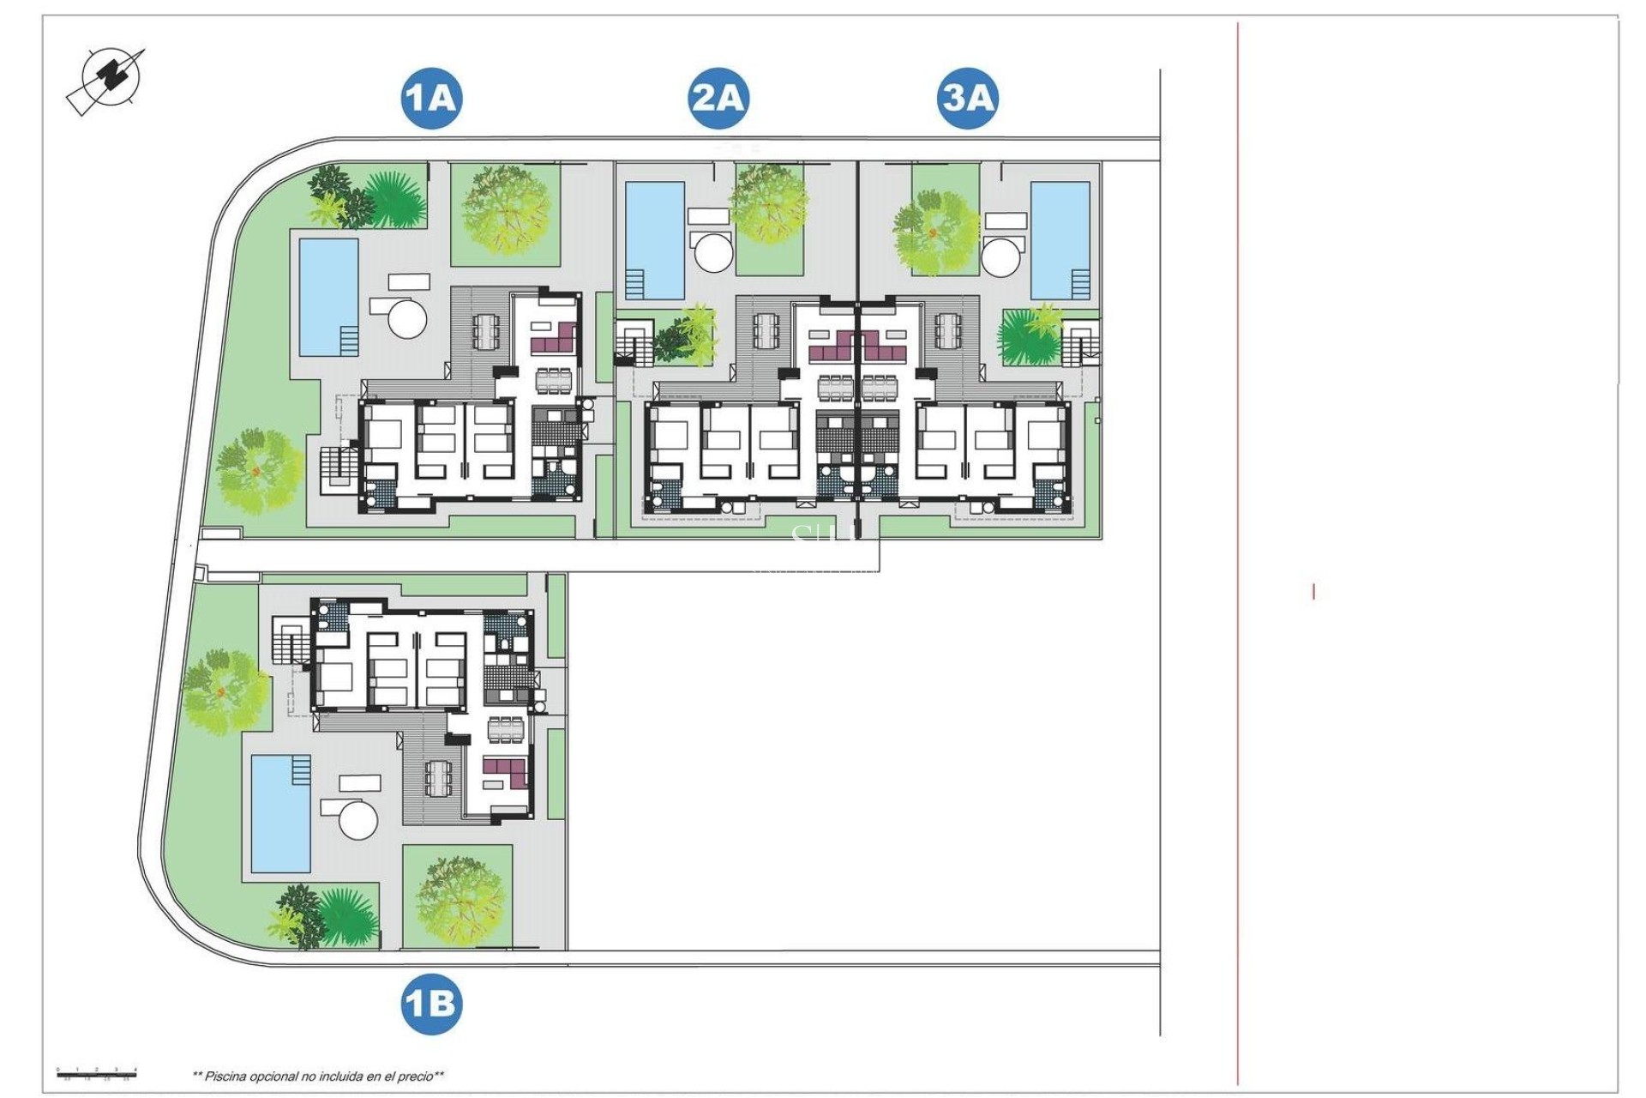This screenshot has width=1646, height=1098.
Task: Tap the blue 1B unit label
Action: (x=431, y=1003)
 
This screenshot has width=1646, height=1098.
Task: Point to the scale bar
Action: (x=97, y=1072)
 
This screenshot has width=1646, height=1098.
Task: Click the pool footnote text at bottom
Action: (x=318, y=1076)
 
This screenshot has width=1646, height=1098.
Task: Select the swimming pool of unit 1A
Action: (x=328, y=296)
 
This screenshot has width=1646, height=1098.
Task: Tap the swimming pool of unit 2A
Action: (x=655, y=239)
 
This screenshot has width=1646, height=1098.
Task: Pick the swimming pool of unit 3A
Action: (x=1060, y=239)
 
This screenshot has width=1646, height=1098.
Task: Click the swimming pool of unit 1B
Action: (x=280, y=813)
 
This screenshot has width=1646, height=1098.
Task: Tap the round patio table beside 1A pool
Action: (x=407, y=318)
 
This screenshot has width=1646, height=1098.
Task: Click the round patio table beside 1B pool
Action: (x=358, y=820)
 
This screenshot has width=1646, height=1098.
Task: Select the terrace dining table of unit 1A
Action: (x=486, y=330)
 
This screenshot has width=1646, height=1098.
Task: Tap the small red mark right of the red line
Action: (x=1313, y=591)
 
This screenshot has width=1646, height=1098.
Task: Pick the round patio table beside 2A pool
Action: (x=713, y=252)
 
